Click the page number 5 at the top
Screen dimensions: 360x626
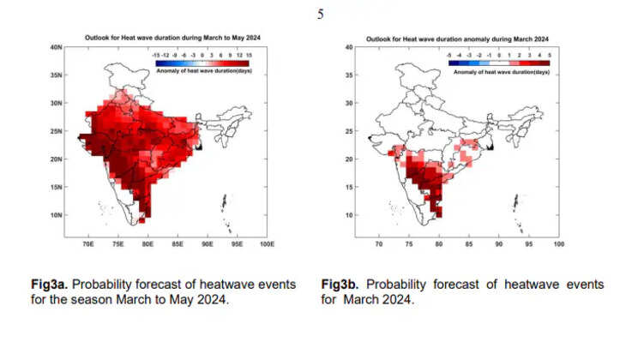tap(321, 13)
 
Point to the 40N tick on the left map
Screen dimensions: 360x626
tap(56, 47)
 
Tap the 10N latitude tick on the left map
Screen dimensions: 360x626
tap(56, 215)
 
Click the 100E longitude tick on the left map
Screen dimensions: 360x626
tap(267, 244)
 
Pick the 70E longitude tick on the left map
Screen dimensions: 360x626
tap(87, 244)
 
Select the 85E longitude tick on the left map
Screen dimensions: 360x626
tap(178, 244)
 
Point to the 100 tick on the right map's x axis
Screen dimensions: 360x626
tap(558, 244)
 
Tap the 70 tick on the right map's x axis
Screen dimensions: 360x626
tap(379, 244)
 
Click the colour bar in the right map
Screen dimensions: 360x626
tap(498, 62)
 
